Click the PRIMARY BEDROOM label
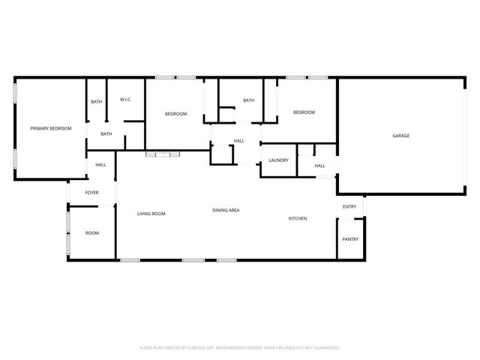[51, 129]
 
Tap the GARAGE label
[401, 136]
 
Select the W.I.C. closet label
[126, 100]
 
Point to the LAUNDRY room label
[279, 160]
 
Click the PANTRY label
[350, 239]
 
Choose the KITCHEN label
[298, 219]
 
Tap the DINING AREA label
[226, 210]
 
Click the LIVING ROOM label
[151, 214]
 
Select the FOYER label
[91, 193]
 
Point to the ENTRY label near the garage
[349, 207]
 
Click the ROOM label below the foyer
[91, 233]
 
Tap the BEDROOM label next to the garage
[304, 112]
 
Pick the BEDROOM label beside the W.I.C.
[175, 113]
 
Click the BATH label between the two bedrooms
[248, 100]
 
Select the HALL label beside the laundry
[319, 166]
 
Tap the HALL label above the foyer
[100, 165]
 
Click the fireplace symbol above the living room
[163, 154]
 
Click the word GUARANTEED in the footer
[324, 348]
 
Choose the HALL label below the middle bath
[239, 141]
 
